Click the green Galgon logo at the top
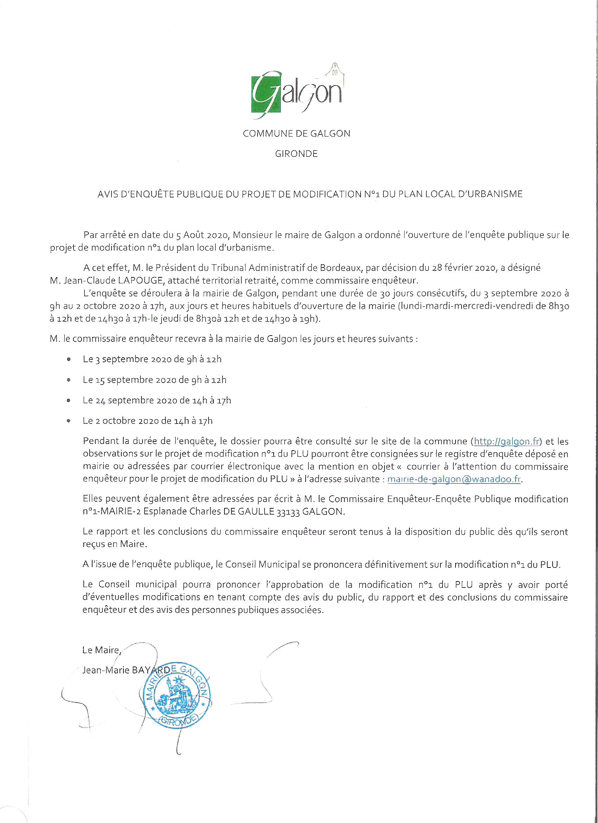297,92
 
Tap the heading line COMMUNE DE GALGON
296,133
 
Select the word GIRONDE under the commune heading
296,154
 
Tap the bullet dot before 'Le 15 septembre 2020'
69,380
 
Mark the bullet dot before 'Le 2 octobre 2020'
69,421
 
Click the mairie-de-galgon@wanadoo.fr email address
454,479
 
